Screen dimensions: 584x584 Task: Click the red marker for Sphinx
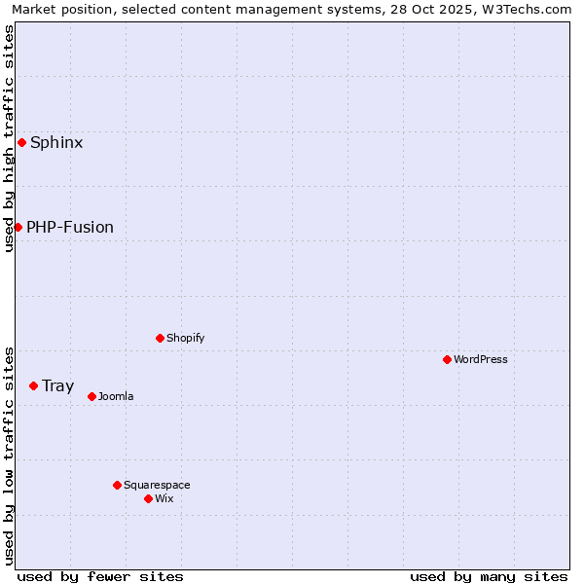coord(21,142)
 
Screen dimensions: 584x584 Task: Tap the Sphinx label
coord(56,143)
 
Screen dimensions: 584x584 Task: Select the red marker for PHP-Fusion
coord(18,227)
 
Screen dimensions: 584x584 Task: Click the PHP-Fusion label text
coord(70,228)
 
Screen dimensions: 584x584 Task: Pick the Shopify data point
coord(160,338)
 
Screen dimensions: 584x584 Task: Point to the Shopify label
coord(185,339)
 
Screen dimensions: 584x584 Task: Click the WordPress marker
coord(447,359)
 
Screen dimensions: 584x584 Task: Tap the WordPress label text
coord(480,360)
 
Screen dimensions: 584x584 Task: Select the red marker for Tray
coord(33,385)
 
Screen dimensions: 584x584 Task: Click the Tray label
coord(57,386)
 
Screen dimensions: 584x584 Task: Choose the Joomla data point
coord(91,396)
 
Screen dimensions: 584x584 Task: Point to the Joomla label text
coord(116,397)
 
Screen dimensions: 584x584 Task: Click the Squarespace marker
coord(117,485)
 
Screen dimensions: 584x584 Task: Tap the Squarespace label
coord(157,486)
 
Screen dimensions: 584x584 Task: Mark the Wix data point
coord(148,498)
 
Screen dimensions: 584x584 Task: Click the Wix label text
coord(164,499)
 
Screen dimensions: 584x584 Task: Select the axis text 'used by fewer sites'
coord(100,576)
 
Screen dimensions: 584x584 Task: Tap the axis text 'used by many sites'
coord(489,576)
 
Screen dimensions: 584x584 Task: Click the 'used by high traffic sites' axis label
coord(9,138)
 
